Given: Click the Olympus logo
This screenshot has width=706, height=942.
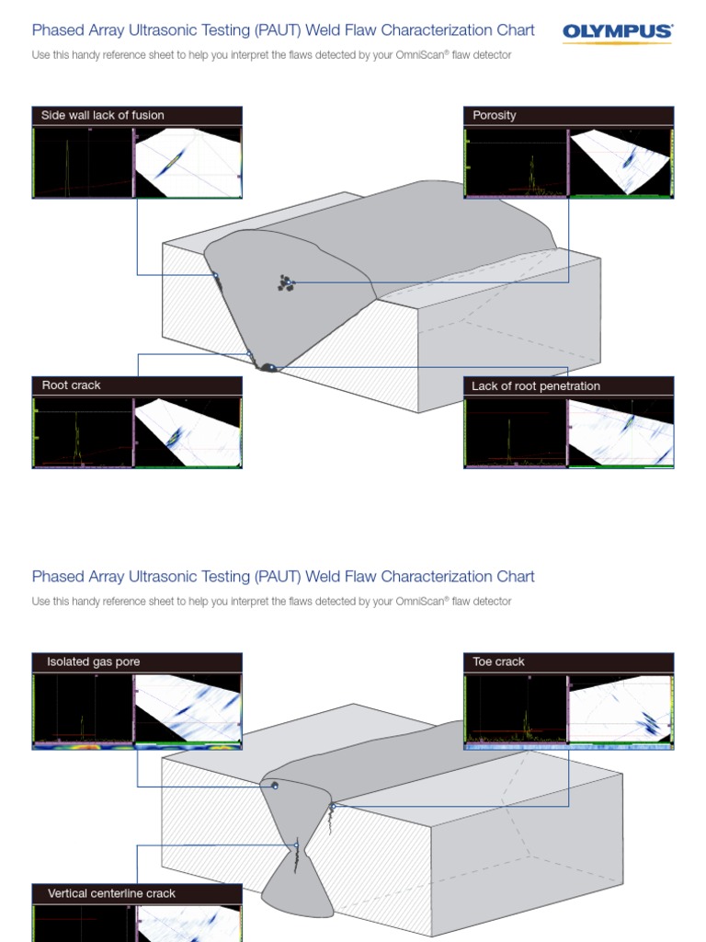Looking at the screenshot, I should (617, 32).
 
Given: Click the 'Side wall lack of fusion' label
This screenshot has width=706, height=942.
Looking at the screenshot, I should (103, 115).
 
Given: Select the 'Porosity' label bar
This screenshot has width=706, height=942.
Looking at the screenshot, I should (568, 115).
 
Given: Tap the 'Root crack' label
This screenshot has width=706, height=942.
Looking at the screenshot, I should (72, 385).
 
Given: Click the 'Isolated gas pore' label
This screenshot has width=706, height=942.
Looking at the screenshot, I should (94, 662).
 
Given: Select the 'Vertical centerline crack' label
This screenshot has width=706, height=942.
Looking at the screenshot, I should (111, 893).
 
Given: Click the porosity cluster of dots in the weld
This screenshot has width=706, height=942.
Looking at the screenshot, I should (285, 283).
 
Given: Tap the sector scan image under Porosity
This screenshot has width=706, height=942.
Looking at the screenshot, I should (621, 162).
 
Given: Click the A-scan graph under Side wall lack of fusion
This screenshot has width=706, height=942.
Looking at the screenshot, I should (83, 162).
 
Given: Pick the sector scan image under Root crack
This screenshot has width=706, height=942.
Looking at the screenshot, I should (188, 433).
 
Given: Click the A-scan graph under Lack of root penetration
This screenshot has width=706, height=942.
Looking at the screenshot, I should (515, 433).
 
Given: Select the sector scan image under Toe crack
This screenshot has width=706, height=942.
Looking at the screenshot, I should (621, 708).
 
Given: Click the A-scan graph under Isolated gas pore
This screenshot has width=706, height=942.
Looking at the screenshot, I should (83, 708).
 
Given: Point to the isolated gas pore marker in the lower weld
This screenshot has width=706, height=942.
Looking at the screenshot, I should (274, 786).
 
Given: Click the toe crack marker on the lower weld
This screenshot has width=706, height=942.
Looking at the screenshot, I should (332, 807).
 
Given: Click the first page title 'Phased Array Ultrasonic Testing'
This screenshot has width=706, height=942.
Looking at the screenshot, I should (283, 30).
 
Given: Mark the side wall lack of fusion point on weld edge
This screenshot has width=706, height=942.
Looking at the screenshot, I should (216, 276).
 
